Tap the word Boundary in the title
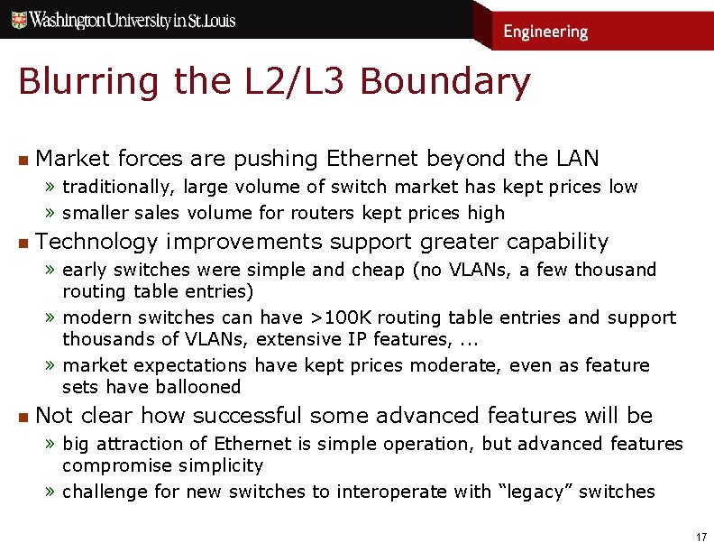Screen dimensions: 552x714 (444, 82)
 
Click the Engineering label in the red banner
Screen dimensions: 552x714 (545, 32)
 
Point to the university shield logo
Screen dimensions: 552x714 (18, 19)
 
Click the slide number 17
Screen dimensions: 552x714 (700, 537)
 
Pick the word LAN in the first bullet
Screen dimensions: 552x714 (577, 159)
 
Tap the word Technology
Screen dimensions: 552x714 (96, 242)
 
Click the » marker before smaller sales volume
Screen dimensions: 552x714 (52, 214)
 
